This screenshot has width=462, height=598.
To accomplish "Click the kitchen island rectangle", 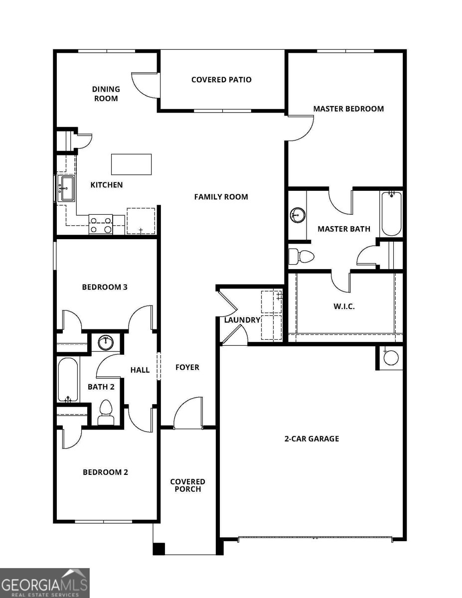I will click(x=132, y=164).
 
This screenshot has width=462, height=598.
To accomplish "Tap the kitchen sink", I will click(x=66, y=188).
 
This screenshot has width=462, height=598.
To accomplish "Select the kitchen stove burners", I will click(x=100, y=224).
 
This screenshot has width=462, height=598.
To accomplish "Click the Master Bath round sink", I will click(x=298, y=215).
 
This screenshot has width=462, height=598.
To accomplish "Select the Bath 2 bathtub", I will click(x=67, y=380).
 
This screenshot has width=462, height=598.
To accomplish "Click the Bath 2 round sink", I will click(x=106, y=343).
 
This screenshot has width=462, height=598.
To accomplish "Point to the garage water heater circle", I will click(x=391, y=357).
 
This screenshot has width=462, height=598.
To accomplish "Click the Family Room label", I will click(x=221, y=197).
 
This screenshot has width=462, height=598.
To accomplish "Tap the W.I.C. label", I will click(x=344, y=306).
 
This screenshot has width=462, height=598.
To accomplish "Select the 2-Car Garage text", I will click(x=311, y=439).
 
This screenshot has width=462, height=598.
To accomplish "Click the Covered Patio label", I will click(x=221, y=80).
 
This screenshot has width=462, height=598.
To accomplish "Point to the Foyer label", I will click(x=187, y=367).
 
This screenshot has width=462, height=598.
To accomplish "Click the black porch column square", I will click(x=158, y=549).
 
